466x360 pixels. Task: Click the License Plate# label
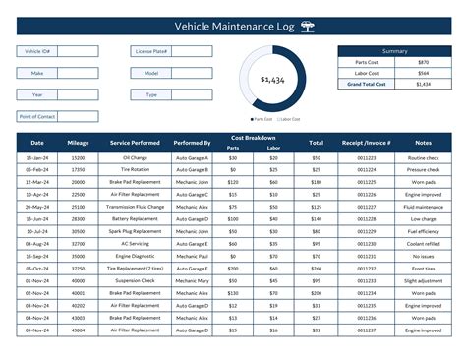[x=150, y=51]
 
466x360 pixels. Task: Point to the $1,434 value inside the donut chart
[x=273, y=79]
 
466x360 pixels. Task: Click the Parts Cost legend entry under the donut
[x=259, y=119]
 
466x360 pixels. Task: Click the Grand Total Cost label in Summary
[x=368, y=85]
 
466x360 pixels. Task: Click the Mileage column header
[x=79, y=143]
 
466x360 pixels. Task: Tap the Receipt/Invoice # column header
[x=366, y=143]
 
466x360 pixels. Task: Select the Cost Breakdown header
[x=254, y=138]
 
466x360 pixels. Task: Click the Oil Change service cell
[x=135, y=157]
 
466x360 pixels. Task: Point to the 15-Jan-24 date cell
[x=36, y=157]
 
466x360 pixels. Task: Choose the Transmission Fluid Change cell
[x=135, y=207]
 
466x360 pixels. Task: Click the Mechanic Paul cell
[x=192, y=256]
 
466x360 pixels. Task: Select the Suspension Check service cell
[x=135, y=280]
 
